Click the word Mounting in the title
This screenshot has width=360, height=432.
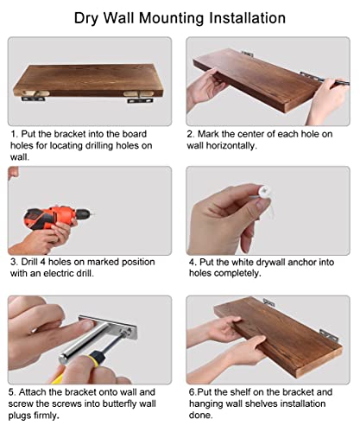coord(172,18)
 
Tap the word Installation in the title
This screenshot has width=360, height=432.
coord(247,18)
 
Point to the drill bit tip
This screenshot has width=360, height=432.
coord(94,214)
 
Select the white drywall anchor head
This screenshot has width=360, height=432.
coord(264,192)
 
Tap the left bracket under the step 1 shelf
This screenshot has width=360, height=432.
coord(34,98)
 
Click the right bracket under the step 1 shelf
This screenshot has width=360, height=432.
coord(140,100)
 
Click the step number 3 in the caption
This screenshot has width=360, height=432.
coord(14,262)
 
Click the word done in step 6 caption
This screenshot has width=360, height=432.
coord(200,416)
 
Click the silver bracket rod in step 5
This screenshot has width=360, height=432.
coord(84,343)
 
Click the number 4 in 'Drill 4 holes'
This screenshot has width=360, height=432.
coord(42,262)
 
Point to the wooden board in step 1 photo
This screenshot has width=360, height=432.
coord(88,80)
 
